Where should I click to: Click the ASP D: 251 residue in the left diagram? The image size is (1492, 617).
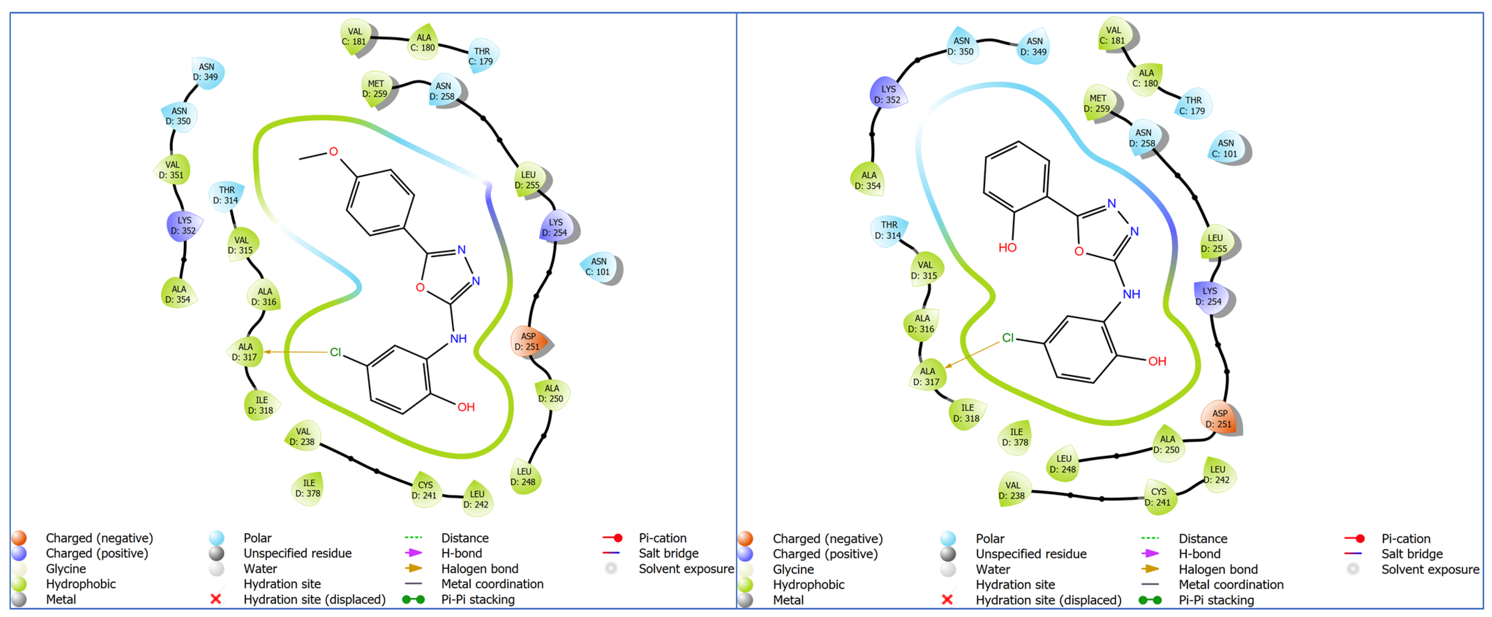pyautogui.click(x=527, y=341)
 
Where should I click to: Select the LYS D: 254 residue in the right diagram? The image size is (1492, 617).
pyautogui.click(x=1210, y=296)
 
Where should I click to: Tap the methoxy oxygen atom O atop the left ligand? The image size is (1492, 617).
pyautogui.click(x=334, y=152)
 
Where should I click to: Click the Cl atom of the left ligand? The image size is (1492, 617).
pyautogui.click(x=335, y=352)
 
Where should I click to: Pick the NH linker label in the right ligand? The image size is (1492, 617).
pyautogui.click(x=1131, y=294)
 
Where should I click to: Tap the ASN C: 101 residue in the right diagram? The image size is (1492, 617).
pyautogui.click(x=1226, y=149)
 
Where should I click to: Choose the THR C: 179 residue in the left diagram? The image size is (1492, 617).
pyautogui.click(x=481, y=56)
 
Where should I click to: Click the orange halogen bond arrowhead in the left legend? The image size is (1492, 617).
pyautogui.click(x=415, y=568)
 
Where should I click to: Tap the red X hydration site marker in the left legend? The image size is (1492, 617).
pyautogui.click(x=216, y=599)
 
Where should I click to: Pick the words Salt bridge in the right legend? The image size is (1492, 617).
pyautogui.click(x=1411, y=554)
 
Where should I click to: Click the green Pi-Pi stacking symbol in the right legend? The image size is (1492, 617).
pyautogui.click(x=1150, y=600)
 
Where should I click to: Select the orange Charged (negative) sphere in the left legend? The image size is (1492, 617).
pyautogui.click(x=19, y=538)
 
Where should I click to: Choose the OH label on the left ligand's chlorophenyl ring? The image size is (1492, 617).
pyautogui.click(x=466, y=407)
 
